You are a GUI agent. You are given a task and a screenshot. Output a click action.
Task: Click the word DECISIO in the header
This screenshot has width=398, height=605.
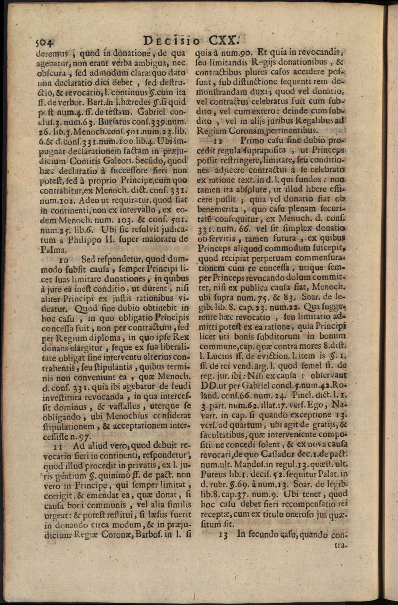point(170,41)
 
